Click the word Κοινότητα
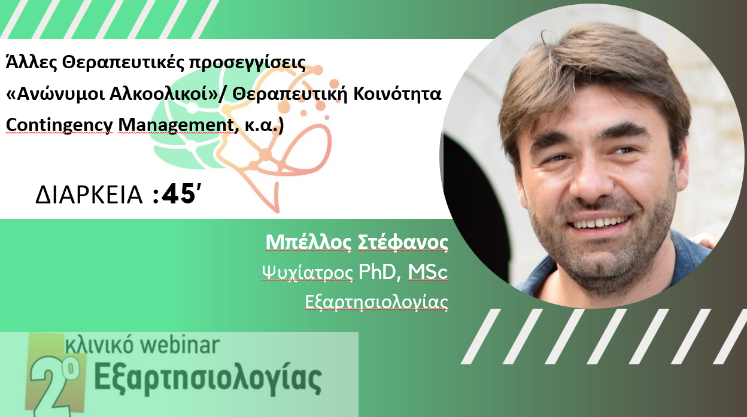[397, 94]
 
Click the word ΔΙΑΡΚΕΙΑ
[89, 195]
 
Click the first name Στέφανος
[403, 243]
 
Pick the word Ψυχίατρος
[308, 273]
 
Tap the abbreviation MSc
[427, 272]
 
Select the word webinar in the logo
[180, 345]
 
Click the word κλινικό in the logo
[99, 345]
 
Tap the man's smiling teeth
[600, 222]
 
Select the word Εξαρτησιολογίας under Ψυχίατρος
[376, 302]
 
